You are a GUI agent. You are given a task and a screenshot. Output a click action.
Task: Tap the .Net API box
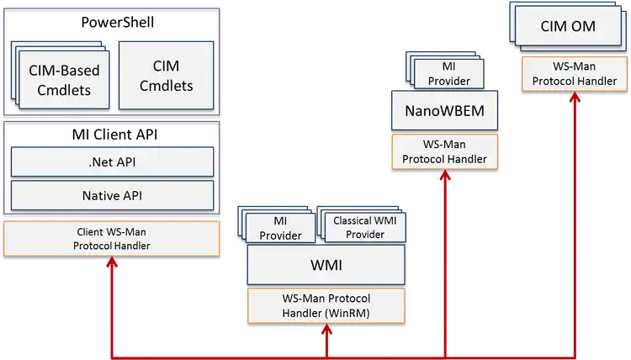(x=112, y=162)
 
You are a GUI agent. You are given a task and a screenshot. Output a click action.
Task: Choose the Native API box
(x=112, y=195)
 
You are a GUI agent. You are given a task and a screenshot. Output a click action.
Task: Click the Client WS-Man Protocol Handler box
(x=112, y=239)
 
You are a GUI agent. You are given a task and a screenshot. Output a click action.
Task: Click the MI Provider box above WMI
(x=280, y=228)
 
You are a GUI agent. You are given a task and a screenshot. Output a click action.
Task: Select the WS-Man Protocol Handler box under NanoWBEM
(x=438, y=151)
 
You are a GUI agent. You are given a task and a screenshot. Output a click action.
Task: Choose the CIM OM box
(x=568, y=27)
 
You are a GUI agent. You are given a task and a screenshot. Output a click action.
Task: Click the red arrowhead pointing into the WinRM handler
(x=326, y=331)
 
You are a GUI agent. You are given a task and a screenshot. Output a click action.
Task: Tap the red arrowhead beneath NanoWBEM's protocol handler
(x=438, y=177)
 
